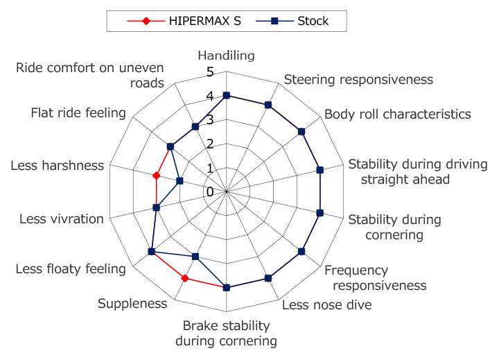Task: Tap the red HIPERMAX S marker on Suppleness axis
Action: coord(185,279)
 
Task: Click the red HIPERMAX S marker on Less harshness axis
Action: coord(157,175)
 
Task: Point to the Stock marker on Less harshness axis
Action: coord(180,181)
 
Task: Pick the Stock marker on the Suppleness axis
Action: coord(195,257)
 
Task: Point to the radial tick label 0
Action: coord(211,191)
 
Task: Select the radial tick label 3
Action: coord(211,120)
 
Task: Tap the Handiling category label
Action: coord(227,55)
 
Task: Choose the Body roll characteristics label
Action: coord(398,114)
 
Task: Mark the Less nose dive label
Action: coord(326,304)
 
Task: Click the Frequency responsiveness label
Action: coord(375,277)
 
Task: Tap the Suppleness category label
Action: coord(132,303)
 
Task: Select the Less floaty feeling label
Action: coord(71,269)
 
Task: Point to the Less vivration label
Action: coord(61,219)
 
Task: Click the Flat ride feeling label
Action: coord(78,113)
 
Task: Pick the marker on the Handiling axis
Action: coord(227,96)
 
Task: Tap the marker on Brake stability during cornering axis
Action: coord(227,287)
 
